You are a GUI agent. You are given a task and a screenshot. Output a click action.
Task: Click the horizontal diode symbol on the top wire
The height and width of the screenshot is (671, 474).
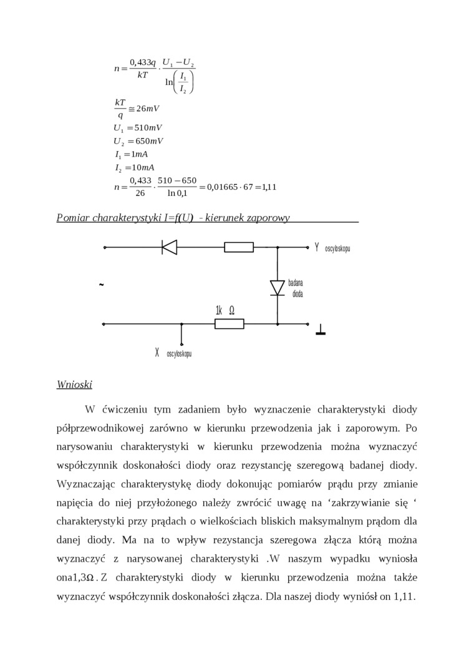tap(169, 247)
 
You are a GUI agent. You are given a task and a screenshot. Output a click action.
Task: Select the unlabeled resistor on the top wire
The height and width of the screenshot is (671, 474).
tap(239, 247)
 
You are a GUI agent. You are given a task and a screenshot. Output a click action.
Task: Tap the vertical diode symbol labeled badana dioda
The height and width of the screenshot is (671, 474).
tap(278, 287)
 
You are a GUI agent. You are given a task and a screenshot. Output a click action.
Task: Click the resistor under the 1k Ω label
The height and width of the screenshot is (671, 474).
tap(229, 324)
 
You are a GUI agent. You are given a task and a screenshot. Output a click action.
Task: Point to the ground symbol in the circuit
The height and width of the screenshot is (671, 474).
tap(321, 330)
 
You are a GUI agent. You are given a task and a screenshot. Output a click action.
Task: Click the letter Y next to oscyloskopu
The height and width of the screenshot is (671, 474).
tap(317, 247)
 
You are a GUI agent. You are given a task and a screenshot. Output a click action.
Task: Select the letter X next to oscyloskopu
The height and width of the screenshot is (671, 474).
tap(157, 353)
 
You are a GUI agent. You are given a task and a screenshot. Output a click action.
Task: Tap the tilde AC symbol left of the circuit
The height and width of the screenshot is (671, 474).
tap(101, 285)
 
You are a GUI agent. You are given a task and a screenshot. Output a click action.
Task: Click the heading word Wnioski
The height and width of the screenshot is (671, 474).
tap(74, 384)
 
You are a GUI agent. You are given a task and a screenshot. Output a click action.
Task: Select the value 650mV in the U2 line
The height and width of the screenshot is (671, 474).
tap(145, 141)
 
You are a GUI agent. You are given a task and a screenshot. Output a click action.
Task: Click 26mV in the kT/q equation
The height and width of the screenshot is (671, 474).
tap(148, 109)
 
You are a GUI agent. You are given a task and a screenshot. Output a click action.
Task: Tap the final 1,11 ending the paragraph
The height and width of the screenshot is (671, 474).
tap(404, 596)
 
